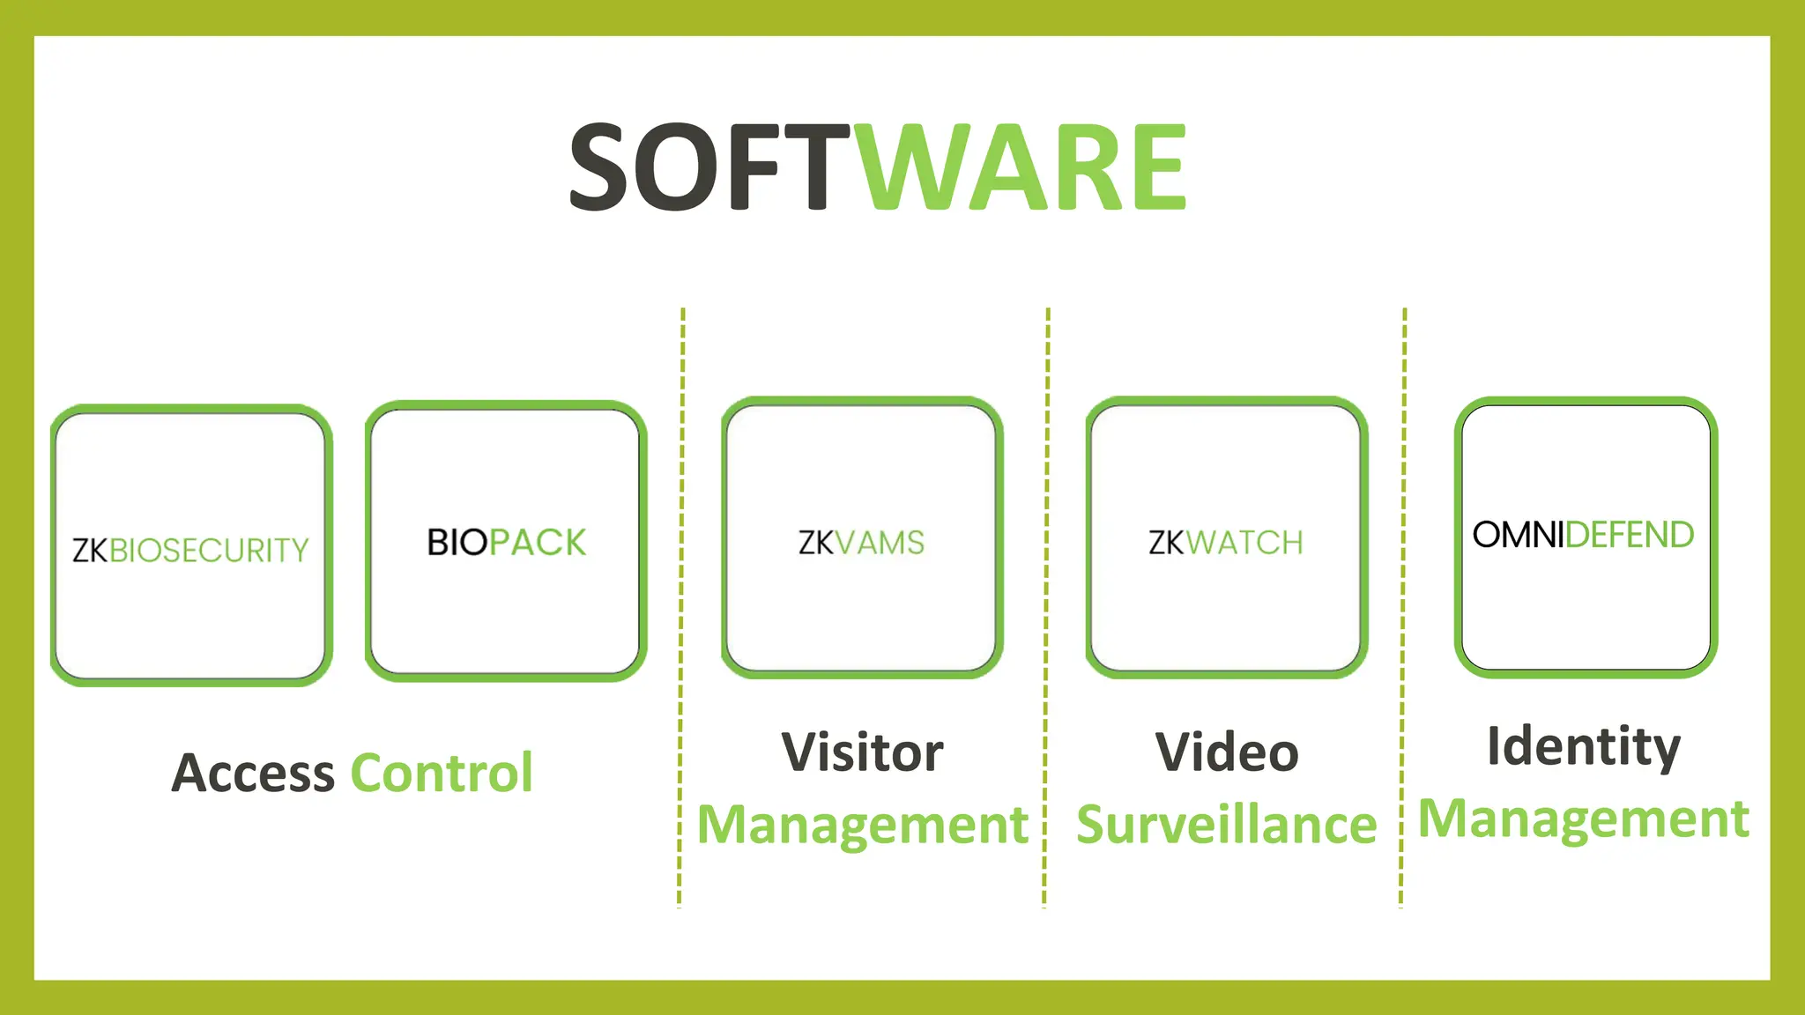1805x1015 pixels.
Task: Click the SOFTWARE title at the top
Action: point(878,167)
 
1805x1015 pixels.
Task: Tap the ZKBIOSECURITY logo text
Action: point(190,551)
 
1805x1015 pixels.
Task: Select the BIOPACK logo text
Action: point(506,543)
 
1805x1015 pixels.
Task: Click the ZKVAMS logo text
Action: point(861,543)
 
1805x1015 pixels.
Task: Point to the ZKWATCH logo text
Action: point(1225,543)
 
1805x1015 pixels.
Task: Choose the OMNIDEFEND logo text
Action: point(1583,535)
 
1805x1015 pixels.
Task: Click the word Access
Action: point(253,774)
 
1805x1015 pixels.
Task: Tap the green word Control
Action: point(442,774)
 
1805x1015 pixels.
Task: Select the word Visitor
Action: point(862,752)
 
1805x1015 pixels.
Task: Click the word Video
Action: point(1227,752)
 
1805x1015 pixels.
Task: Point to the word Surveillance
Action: point(1226,825)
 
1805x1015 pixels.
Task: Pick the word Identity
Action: point(1584,746)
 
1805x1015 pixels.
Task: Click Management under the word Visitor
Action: point(862,826)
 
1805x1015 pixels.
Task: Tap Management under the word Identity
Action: point(1584,819)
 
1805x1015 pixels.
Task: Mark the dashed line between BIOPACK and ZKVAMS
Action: point(681,608)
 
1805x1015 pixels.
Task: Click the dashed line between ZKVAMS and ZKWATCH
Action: point(1046,608)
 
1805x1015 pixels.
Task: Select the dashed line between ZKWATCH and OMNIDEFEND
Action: point(1403,608)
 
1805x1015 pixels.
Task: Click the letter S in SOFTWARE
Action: point(606,167)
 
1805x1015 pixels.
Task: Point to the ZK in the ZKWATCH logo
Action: point(1166,543)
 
